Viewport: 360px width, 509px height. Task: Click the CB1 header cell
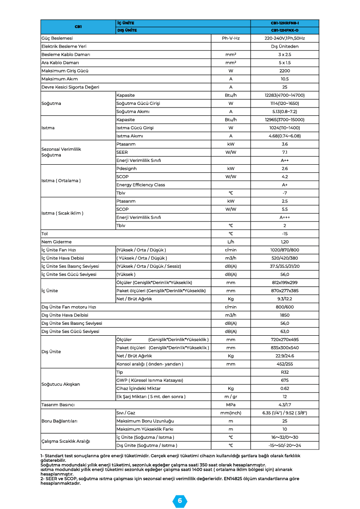[78, 26]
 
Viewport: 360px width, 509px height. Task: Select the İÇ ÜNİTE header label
[125, 23]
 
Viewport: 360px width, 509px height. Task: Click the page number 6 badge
[180, 500]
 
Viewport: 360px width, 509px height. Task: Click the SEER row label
[122, 152]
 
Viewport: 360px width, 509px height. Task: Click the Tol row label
[44, 234]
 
